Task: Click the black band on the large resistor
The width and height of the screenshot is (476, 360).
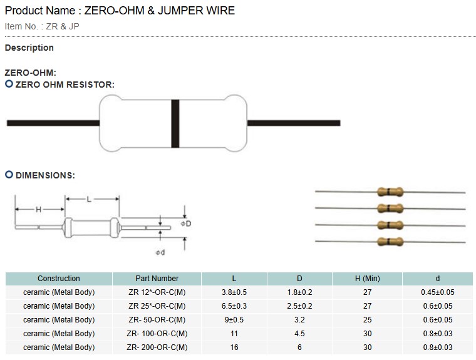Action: [175, 123]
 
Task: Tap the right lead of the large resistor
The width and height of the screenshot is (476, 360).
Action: [294, 123]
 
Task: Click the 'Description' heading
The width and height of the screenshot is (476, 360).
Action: [29, 48]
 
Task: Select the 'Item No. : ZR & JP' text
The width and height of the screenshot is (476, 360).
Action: [42, 26]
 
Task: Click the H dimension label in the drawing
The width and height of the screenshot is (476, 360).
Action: [39, 209]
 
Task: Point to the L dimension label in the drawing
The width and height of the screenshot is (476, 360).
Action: [90, 200]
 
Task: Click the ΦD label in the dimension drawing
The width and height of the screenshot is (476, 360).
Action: [185, 224]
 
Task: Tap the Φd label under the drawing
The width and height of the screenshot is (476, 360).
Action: [160, 252]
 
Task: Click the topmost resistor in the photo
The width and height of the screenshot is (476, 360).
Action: [389, 192]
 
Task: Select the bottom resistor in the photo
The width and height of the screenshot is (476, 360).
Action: [389, 242]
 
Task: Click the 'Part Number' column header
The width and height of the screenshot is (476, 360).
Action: [157, 279]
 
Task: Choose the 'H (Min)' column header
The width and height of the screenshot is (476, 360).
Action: [367, 279]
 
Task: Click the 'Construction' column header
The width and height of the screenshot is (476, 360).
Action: [59, 279]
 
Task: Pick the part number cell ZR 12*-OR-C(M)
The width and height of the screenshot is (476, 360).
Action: [157, 292]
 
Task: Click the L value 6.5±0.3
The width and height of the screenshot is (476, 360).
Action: [234, 306]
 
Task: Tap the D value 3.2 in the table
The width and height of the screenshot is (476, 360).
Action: [299, 320]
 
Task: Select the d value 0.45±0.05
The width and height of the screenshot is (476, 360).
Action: [438, 292]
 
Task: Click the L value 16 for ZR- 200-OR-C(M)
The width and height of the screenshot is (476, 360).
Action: [234, 347]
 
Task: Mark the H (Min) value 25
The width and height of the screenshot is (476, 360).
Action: [367, 320]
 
